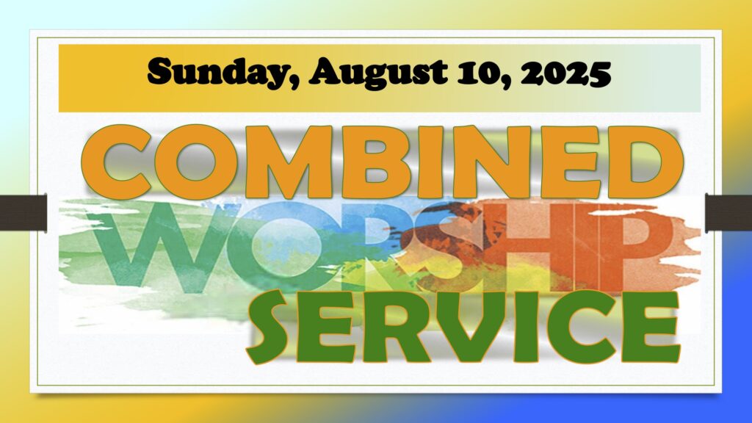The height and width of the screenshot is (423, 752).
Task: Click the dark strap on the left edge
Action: click(x=23, y=212)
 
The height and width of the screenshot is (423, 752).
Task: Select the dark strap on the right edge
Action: click(x=728, y=212)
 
